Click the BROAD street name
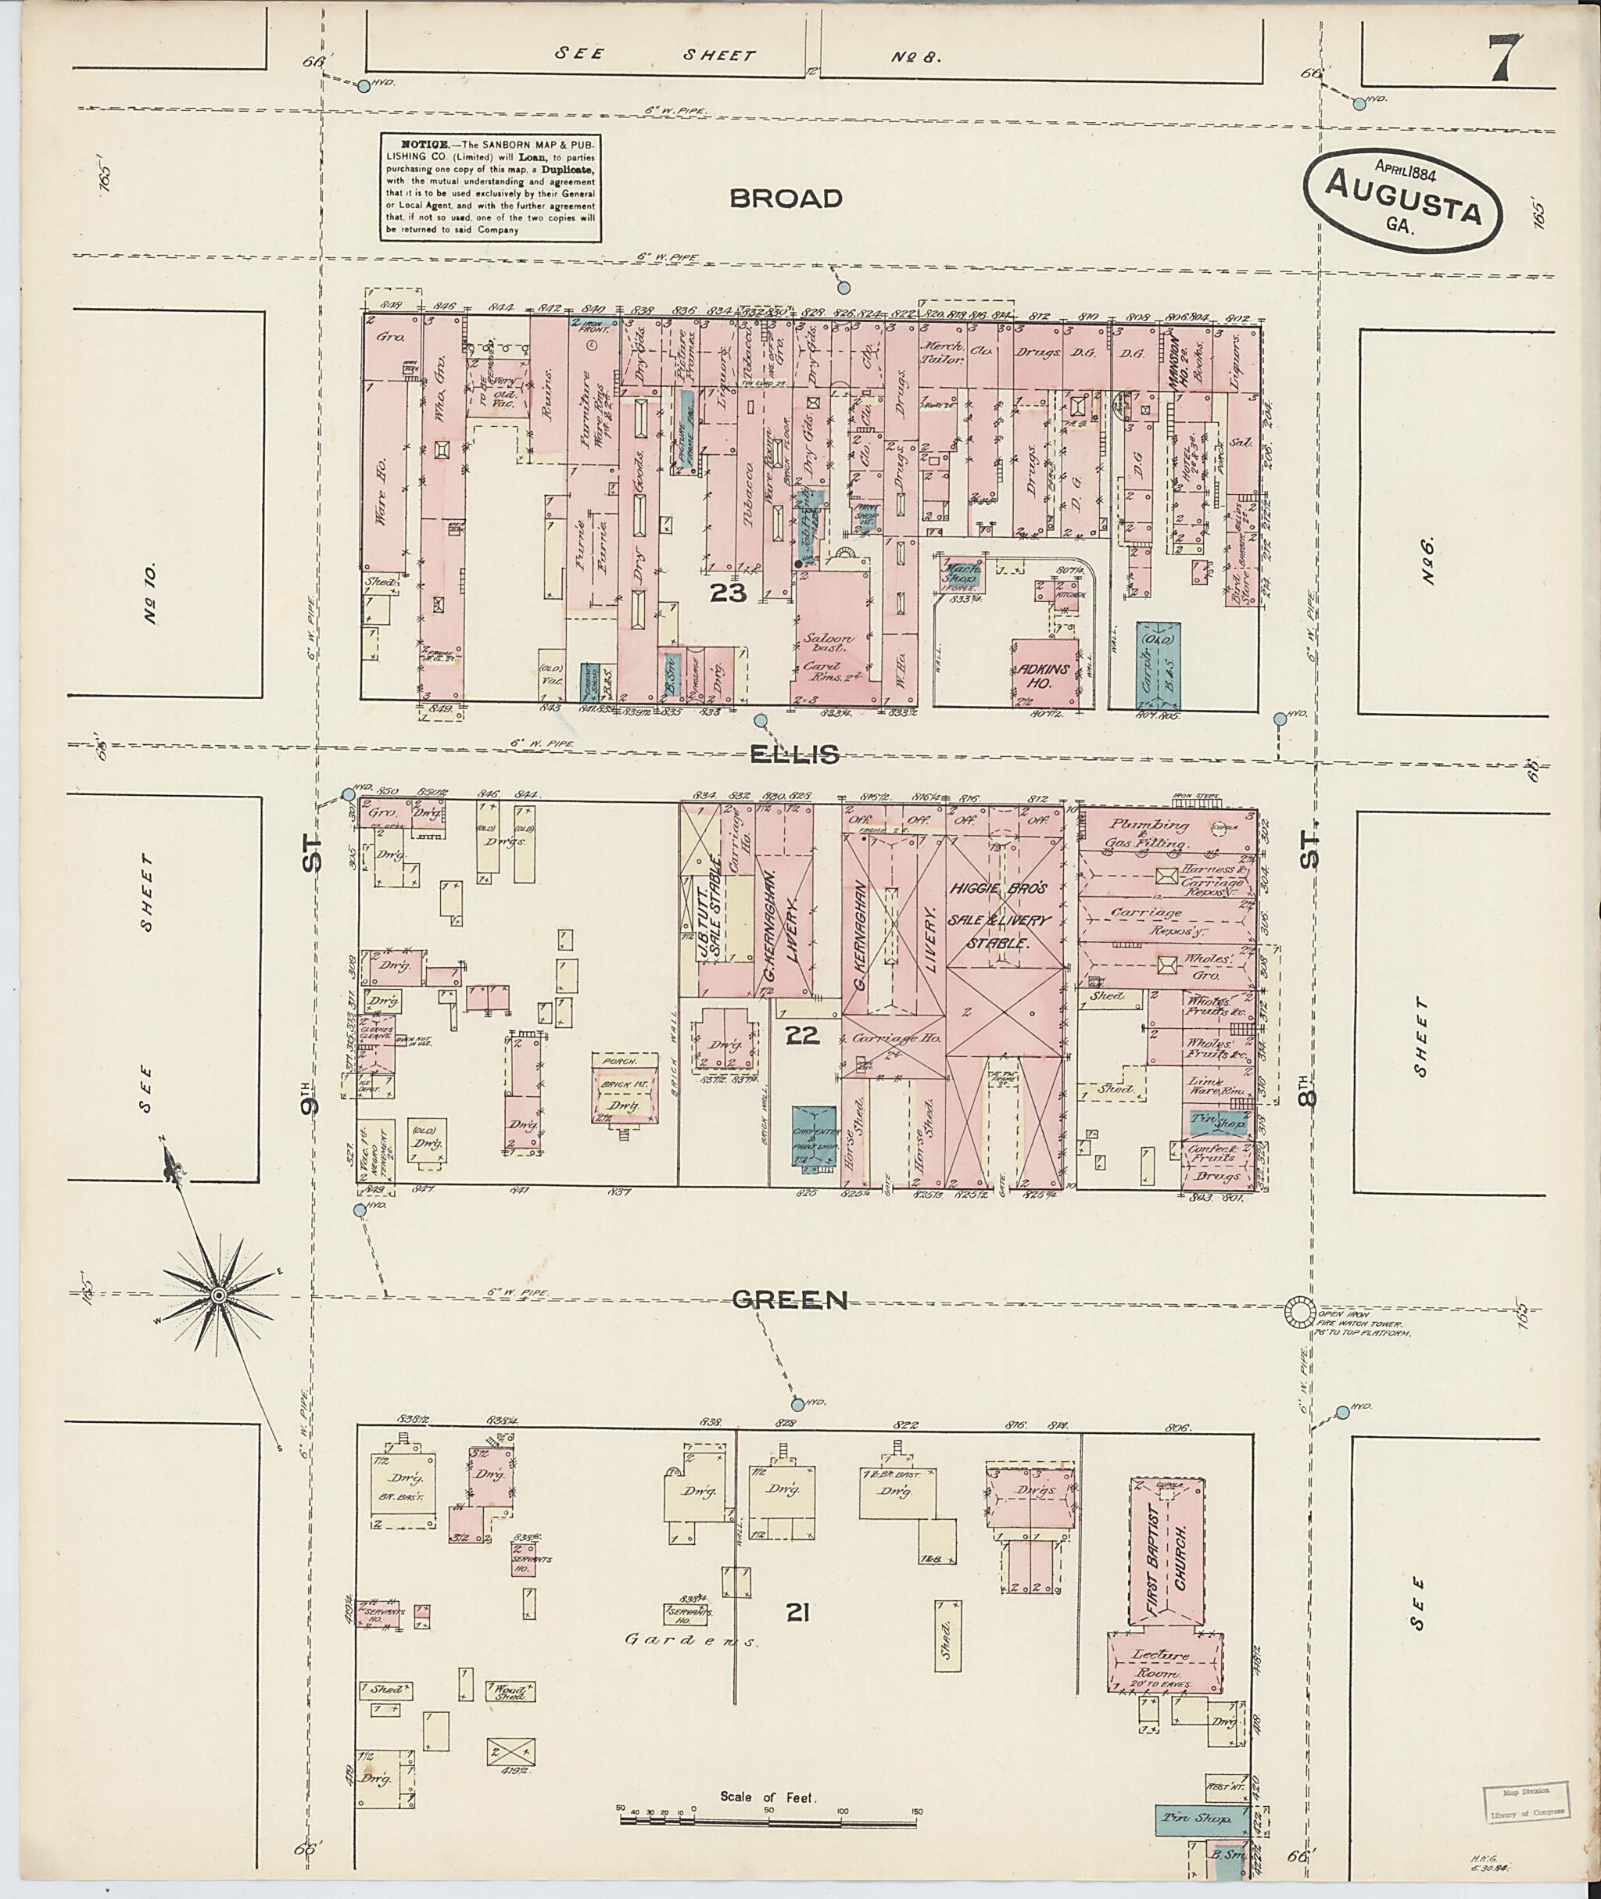[x=786, y=199]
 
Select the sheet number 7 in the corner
[x=1505, y=57]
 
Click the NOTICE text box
[x=490, y=188]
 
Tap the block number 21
[x=798, y=1612]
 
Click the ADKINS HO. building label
[x=1044, y=674]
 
